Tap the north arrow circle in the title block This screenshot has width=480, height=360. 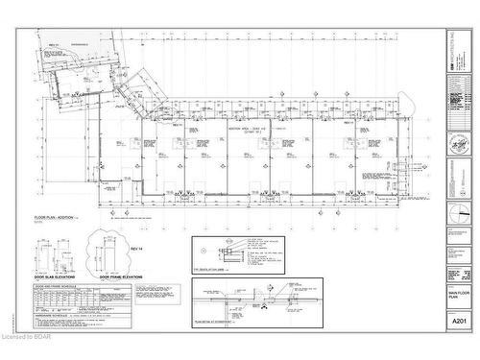click(x=458, y=192)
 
